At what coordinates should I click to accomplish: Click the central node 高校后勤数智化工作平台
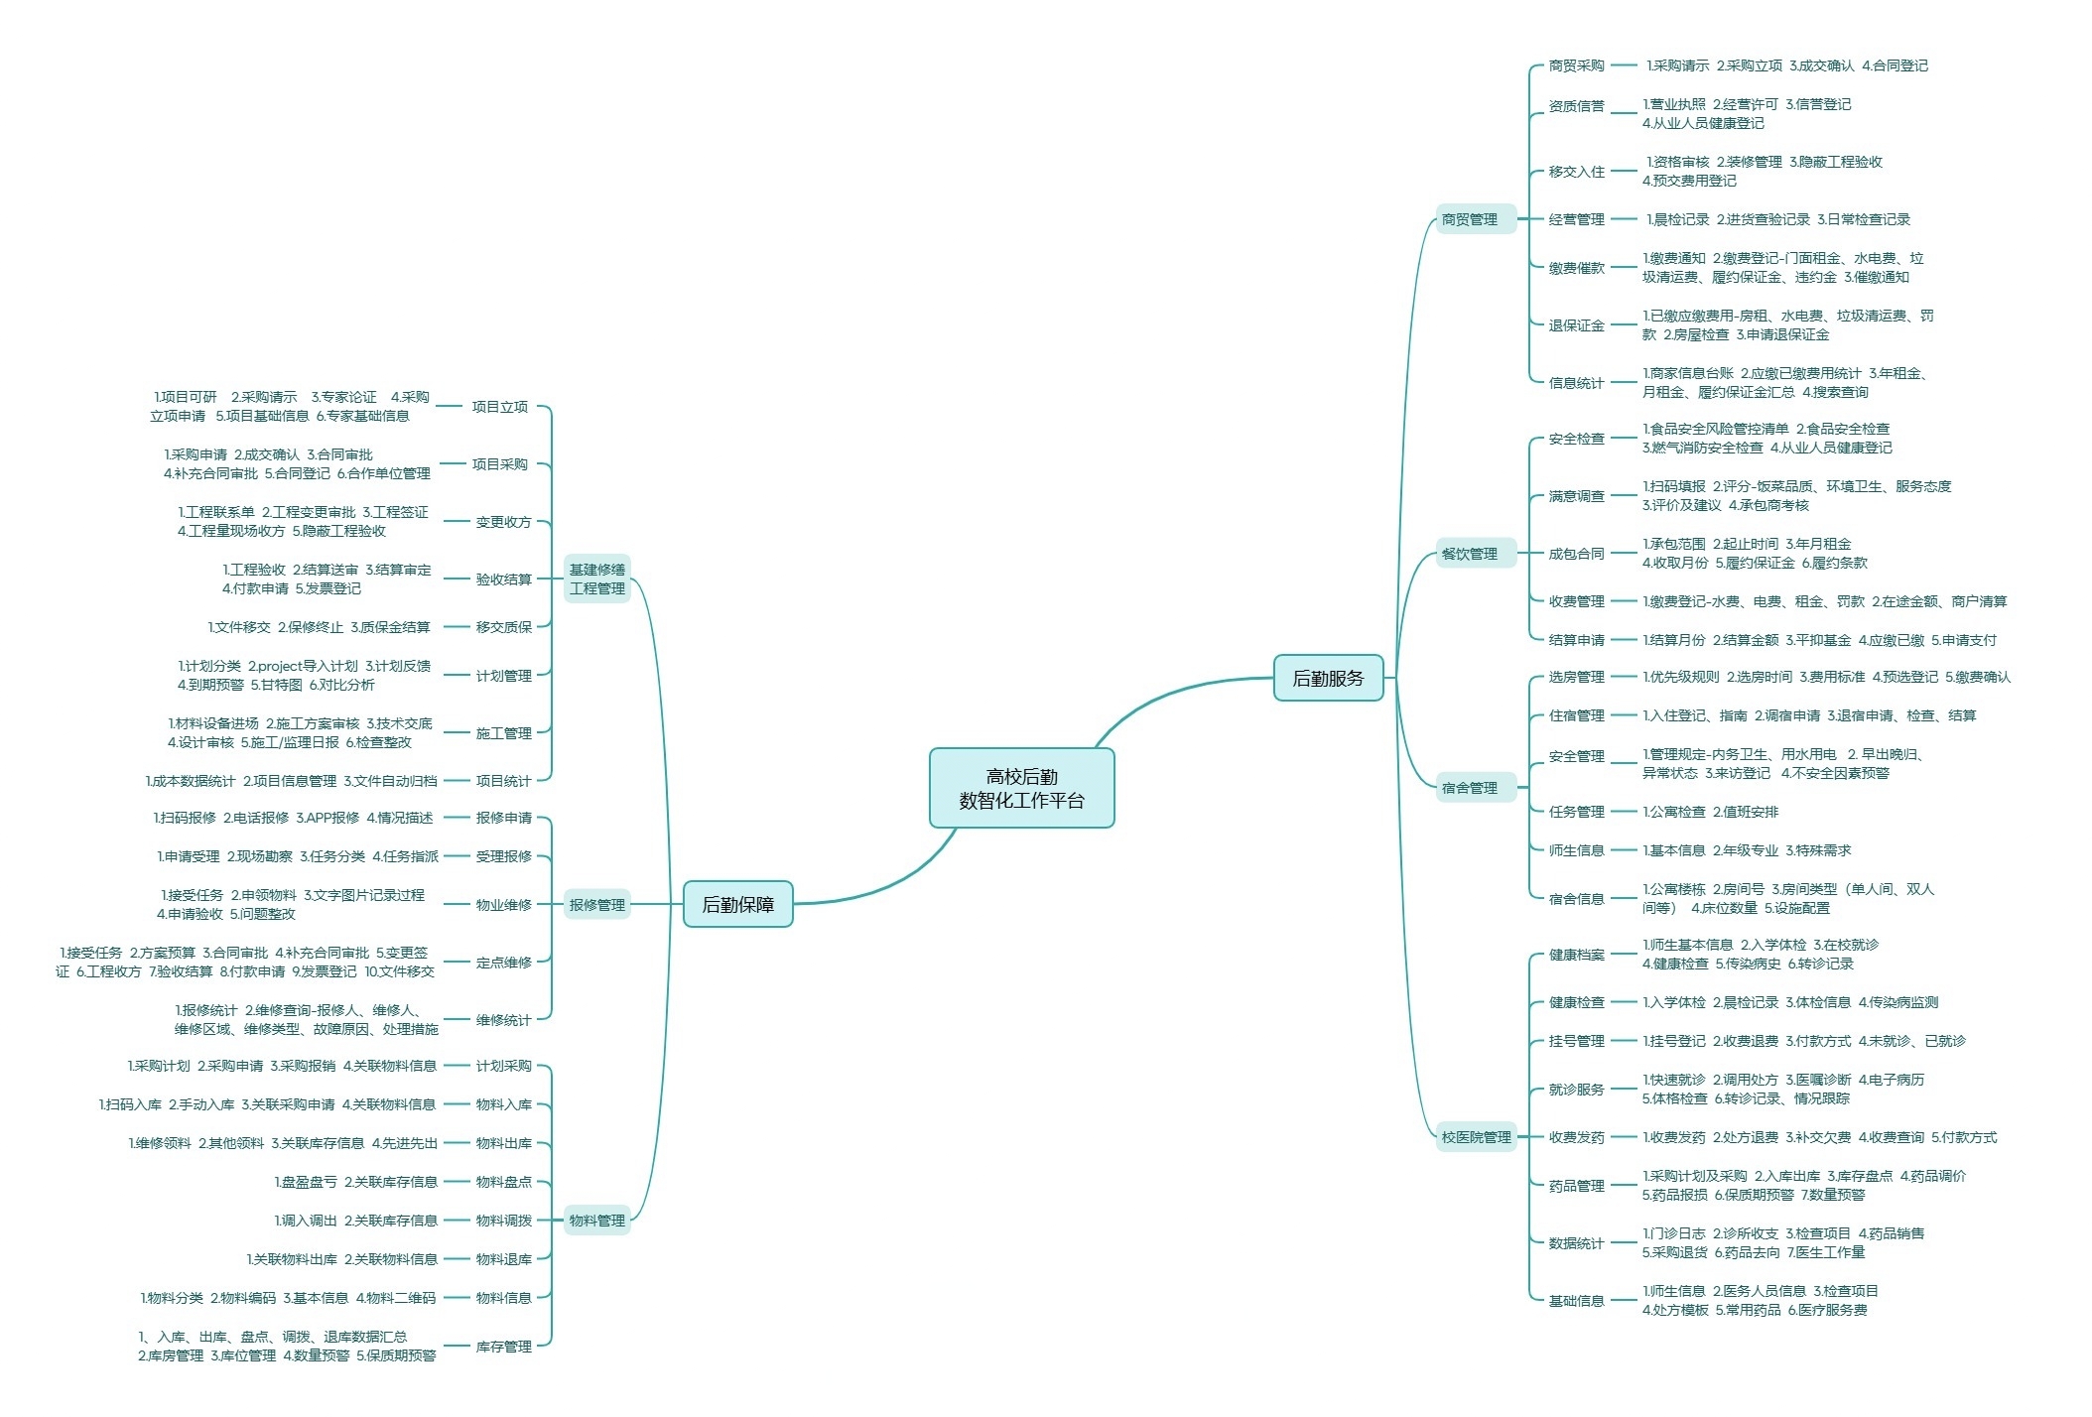(1021, 788)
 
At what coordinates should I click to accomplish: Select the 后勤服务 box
(1328, 678)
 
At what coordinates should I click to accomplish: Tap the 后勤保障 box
(737, 904)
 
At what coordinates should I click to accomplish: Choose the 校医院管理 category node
(1477, 1137)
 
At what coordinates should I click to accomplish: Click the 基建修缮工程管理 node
(597, 579)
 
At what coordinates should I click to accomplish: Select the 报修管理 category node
(597, 904)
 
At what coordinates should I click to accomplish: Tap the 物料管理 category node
(597, 1221)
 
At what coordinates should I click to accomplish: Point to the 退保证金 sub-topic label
(1576, 325)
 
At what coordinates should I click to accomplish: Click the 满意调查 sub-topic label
(1576, 496)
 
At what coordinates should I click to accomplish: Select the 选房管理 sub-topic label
(1576, 677)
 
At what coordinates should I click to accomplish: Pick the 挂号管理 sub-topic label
(1576, 1041)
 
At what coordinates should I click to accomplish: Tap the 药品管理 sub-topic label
(1576, 1186)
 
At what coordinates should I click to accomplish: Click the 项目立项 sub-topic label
(500, 407)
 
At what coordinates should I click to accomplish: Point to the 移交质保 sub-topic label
(504, 627)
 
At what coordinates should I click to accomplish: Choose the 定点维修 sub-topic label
(504, 963)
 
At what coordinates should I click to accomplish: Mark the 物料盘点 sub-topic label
(504, 1182)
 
